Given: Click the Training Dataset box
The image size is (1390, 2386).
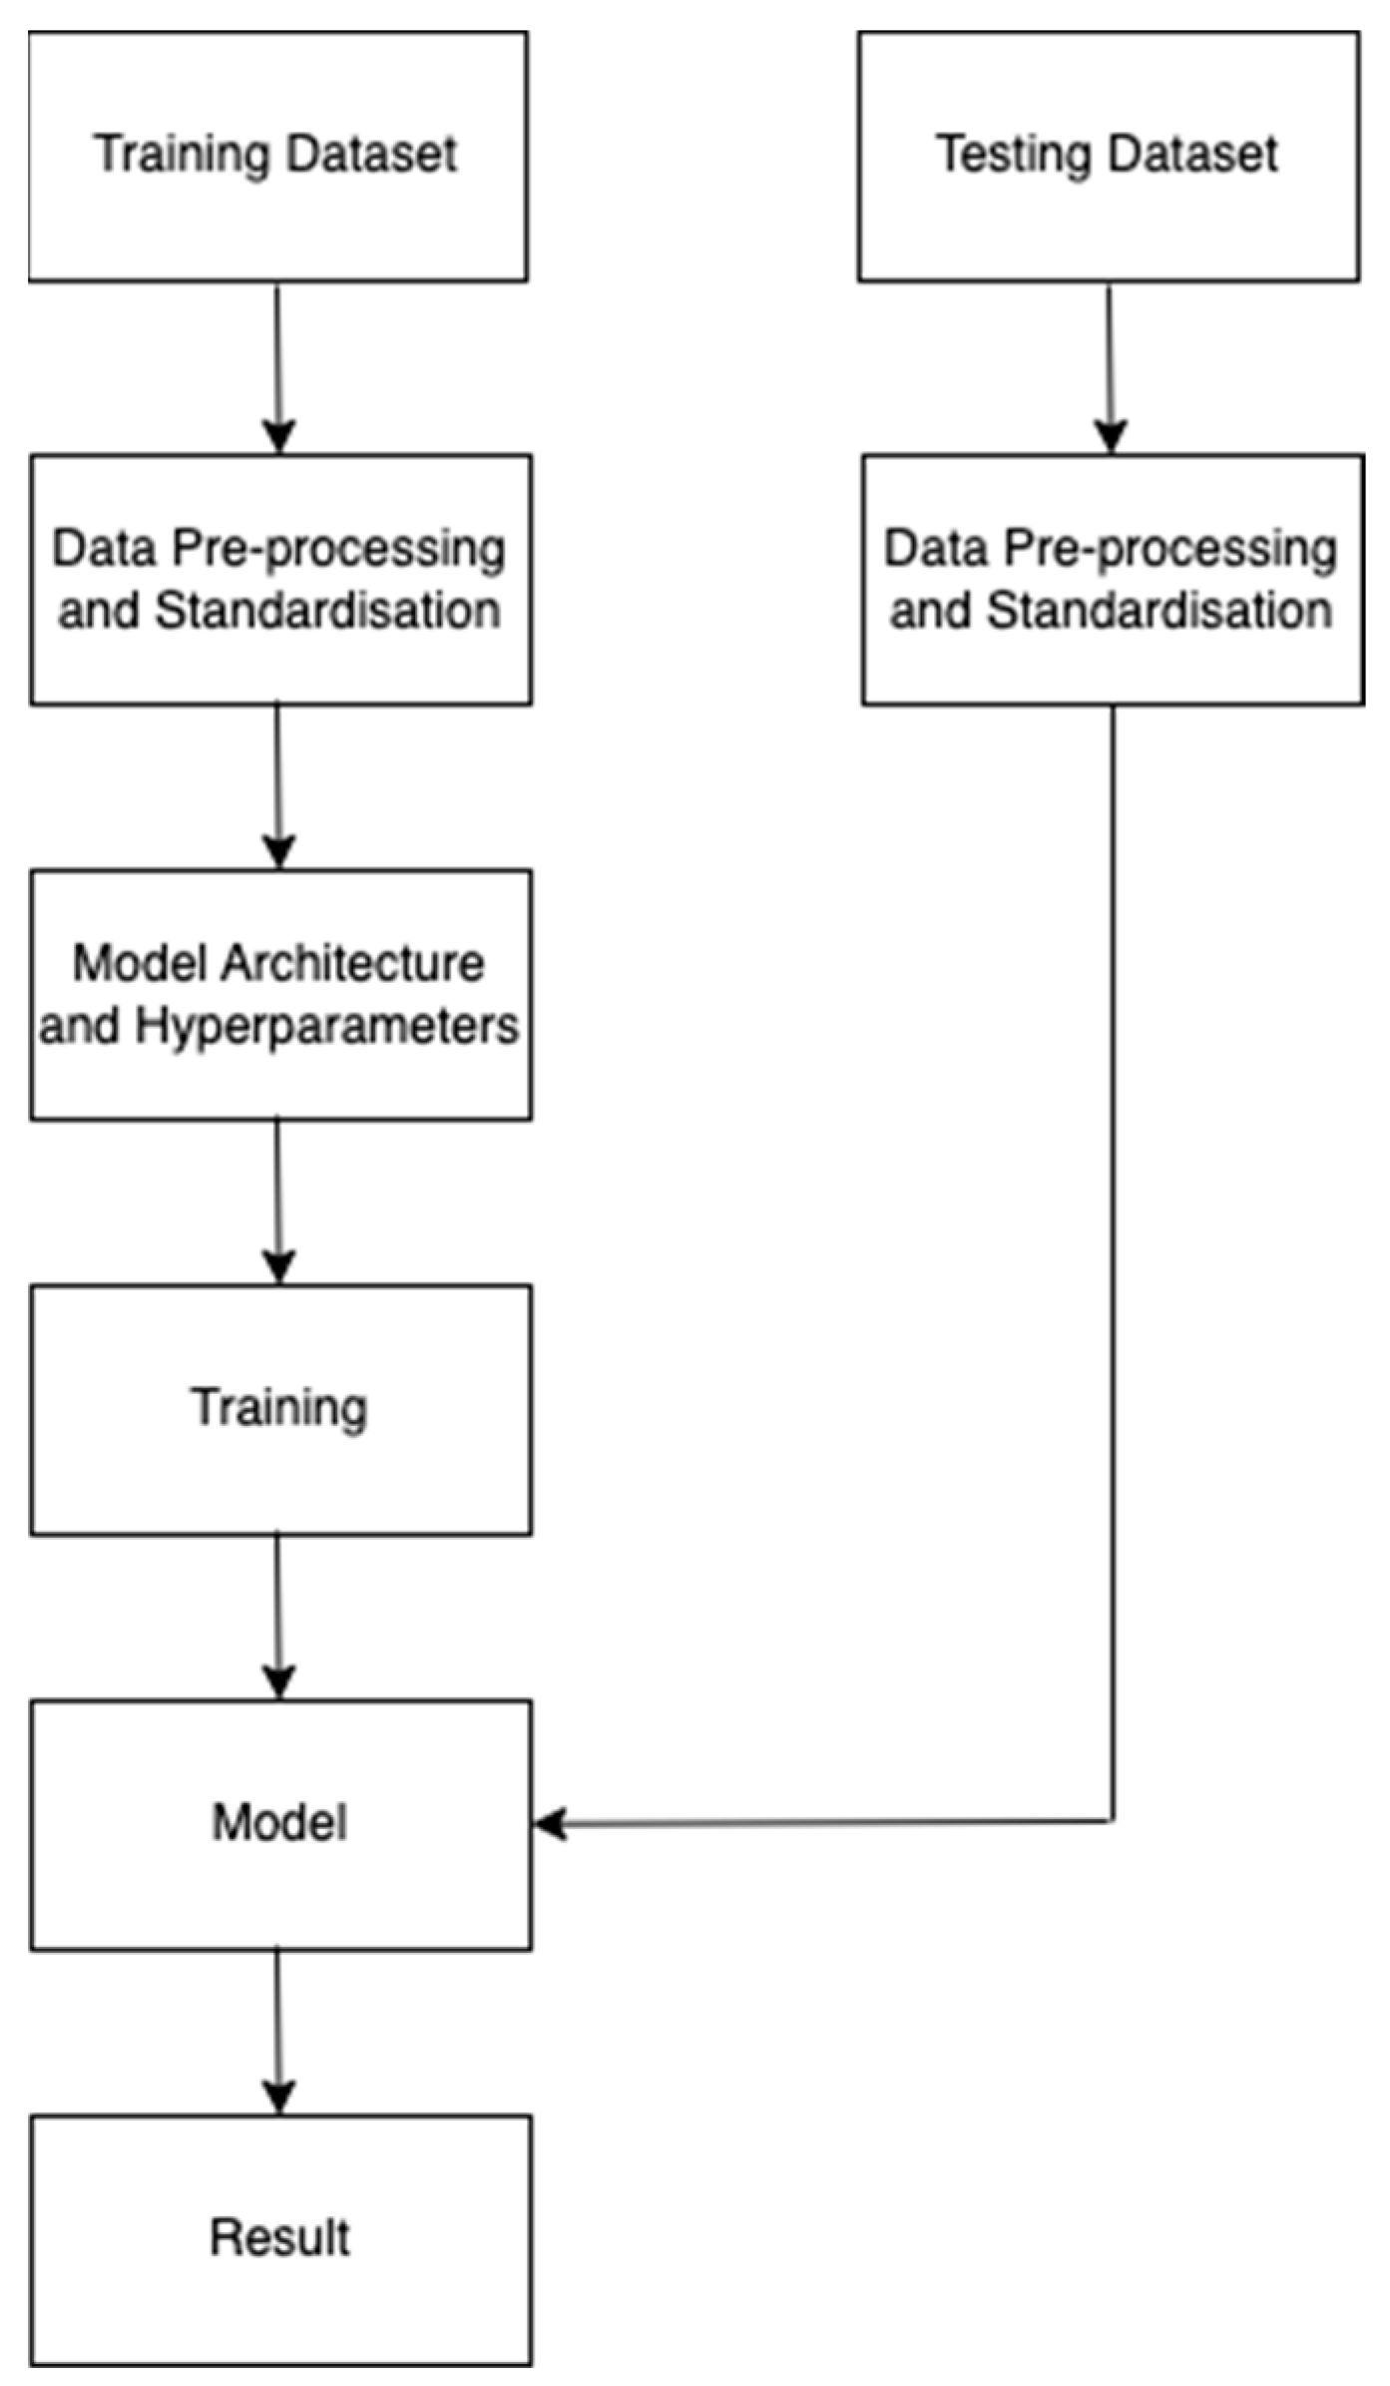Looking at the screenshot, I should pyautogui.click(x=277, y=157).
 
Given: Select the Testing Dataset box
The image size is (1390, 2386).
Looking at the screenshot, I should pyautogui.click(x=1108, y=157).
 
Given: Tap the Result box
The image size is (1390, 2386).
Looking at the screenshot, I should pyautogui.click(x=280, y=2239).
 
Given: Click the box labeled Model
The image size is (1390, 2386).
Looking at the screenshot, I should pyautogui.click(x=280, y=1824).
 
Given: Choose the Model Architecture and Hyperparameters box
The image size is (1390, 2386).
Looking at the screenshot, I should pyautogui.click(x=280, y=994).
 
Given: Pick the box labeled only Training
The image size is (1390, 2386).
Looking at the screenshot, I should pyautogui.click(x=280, y=1409).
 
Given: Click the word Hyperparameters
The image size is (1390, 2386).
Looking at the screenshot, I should pyautogui.click(x=326, y=1026).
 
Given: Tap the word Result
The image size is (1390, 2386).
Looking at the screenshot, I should pyautogui.click(x=279, y=2237).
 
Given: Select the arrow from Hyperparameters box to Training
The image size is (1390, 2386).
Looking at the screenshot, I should pyautogui.click(x=277, y=1200).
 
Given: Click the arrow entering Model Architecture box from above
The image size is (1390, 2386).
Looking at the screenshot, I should pyautogui.click(x=277, y=786).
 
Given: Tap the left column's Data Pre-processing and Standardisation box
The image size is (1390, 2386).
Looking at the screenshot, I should pyautogui.click(x=280, y=580).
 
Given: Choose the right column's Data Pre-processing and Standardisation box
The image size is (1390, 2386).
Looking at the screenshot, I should pyautogui.click(x=1112, y=580).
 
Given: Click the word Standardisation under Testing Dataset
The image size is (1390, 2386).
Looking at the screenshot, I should pyautogui.click(x=1159, y=611).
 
